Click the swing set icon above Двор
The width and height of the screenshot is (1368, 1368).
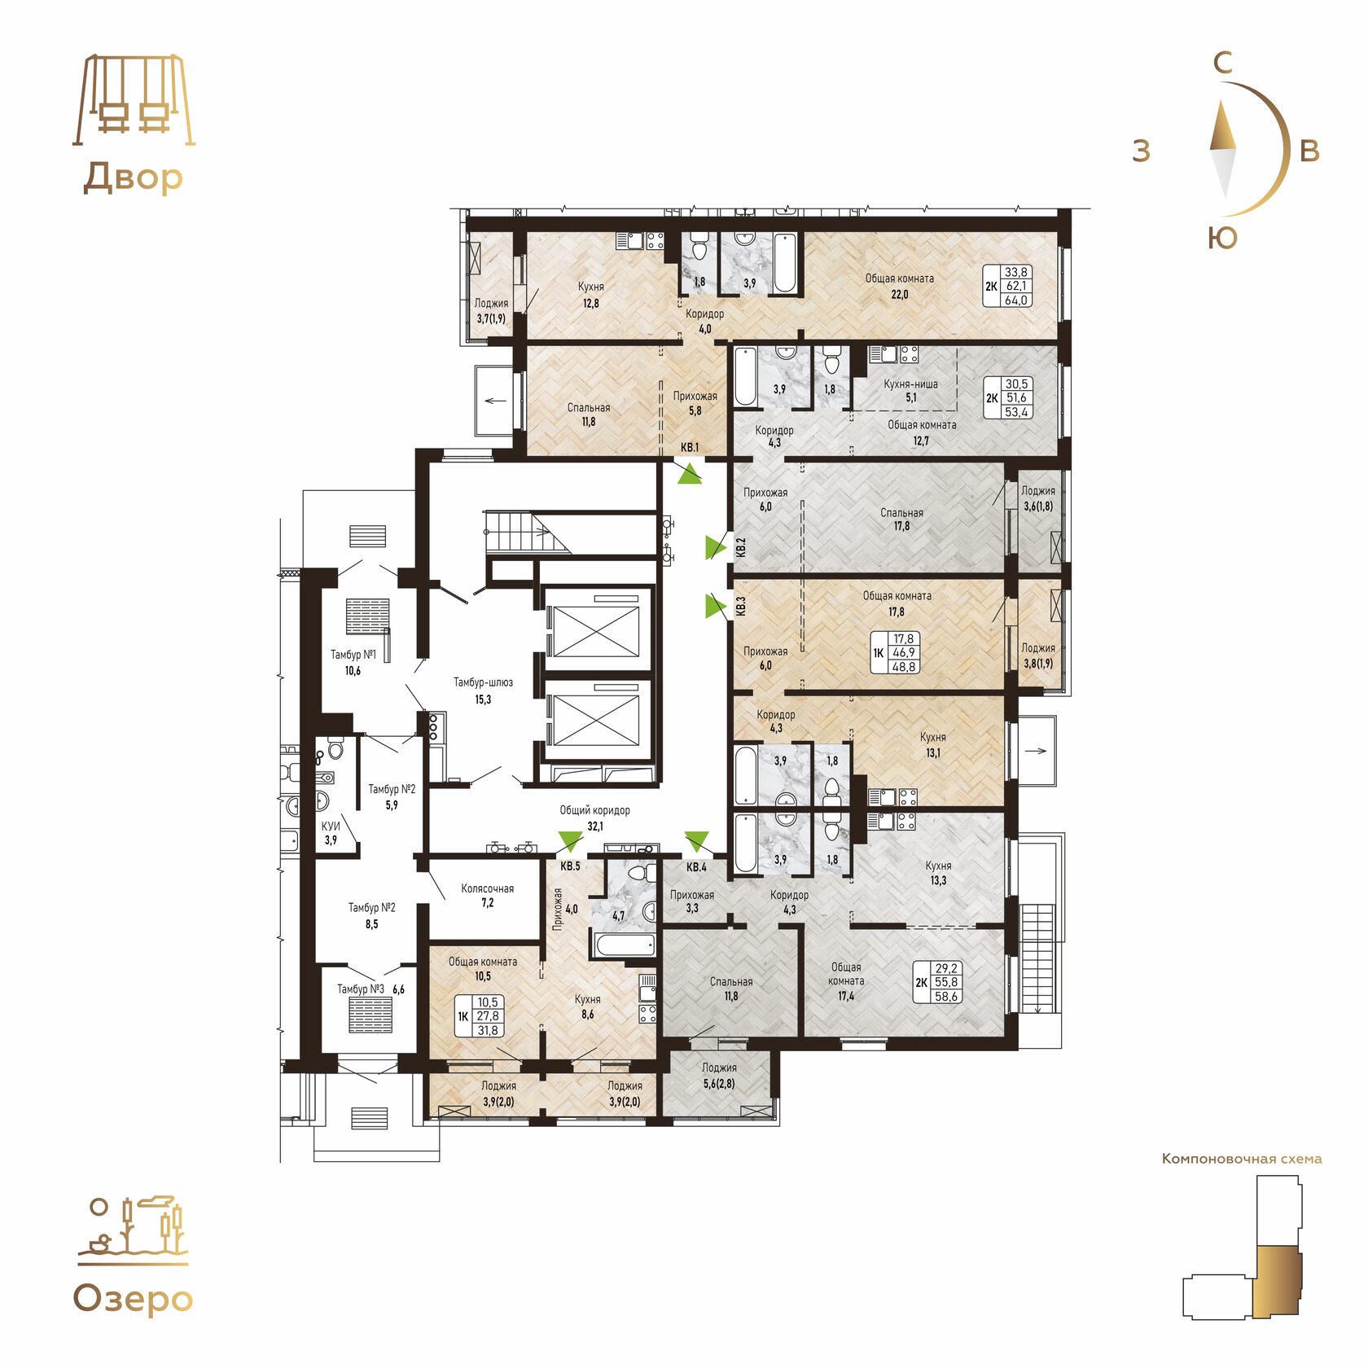click(x=134, y=100)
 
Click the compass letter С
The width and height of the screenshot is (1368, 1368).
click(x=1222, y=63)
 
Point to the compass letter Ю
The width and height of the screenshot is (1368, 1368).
click(x=1222, y=238)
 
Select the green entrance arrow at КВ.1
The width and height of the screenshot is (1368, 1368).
click(x=689, y=473)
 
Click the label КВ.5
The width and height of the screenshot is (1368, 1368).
click(x=570, y=866)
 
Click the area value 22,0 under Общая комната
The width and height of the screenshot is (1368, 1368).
click(x=899, y=294)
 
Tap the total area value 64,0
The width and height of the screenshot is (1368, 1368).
click(x=1016, y=300)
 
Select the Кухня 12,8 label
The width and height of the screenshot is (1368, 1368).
click(x=591, y=295)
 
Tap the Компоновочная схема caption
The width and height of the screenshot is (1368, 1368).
click(x=1242, y=1159)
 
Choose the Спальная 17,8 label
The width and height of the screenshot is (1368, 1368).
click(x=901, y=520)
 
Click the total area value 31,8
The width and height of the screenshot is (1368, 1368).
click(x=488, y=1030)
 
